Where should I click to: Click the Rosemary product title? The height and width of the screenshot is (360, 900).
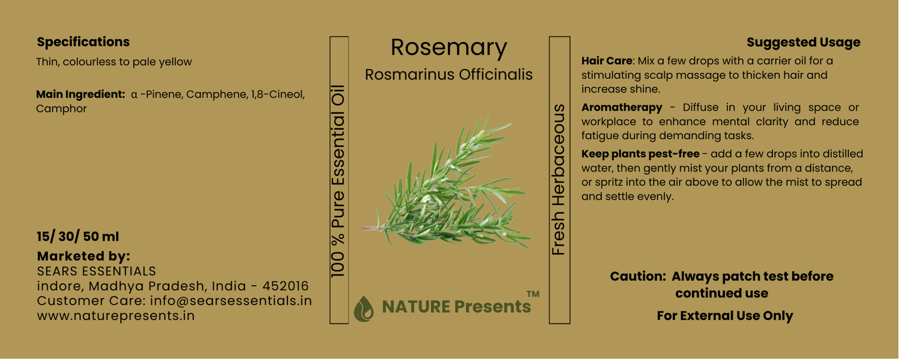click(x=449, y=48)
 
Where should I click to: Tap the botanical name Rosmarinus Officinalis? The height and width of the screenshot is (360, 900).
click(x=449, y=75)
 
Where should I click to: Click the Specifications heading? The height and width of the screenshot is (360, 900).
click(x=83, y=42)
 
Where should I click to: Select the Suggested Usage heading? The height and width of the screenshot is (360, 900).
click(x=803, y=42)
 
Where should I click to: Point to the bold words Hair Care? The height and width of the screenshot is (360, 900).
click(x=607, y=61)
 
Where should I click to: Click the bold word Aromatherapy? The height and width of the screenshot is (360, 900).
click(x=622, y=107)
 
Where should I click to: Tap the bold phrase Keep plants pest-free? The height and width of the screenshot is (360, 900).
click(x=640, y=154)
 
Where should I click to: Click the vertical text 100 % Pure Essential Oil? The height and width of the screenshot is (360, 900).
click(x=339, y=181)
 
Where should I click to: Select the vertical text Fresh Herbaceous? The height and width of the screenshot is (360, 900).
click(x=559, y=179)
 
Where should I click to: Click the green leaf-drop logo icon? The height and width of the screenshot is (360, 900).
click(x=363, y=309)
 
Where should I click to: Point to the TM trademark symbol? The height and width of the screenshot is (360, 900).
click(x=533, y=294)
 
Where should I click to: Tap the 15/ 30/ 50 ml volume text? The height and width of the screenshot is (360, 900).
click(x=78, y=237)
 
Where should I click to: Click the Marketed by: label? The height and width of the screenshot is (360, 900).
click(x=84, y=256)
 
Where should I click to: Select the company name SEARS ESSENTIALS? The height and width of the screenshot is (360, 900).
click(x=96, y=271)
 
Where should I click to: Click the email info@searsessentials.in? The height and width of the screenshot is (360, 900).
click(x=231, y=300)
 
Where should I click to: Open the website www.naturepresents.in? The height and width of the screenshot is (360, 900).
click(x=116, y=316)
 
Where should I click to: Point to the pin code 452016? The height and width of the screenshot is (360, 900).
click(x=285, y=286)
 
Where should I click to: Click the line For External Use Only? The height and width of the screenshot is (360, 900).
click(x=725, y=316)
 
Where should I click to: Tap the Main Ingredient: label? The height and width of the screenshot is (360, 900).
click(x=81, y=94)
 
